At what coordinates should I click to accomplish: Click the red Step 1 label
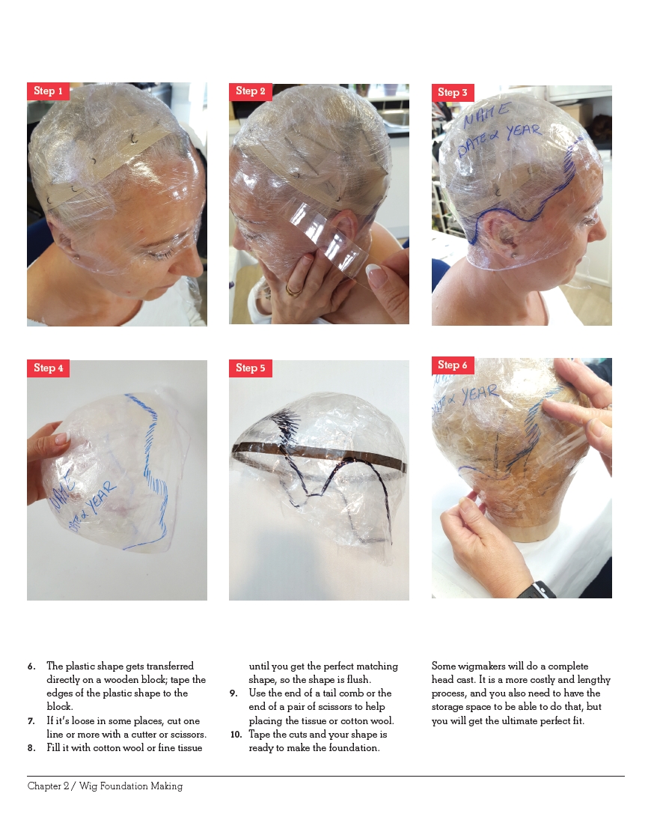click(x=49, y=91)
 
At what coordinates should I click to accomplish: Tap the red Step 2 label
click(x=251, y=91)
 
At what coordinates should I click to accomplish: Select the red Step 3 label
click(x=453, y=93)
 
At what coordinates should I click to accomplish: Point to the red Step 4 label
click(x=49, y=368)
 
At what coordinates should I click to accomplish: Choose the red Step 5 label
click(x=251, y=368)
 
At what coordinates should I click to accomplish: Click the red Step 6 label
click(x=453, y=365)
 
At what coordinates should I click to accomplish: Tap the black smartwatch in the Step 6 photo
click(x=537, y=590)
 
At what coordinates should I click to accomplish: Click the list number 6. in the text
click(x=31, y=666)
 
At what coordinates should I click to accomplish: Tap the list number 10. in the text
click(x=235, y=735)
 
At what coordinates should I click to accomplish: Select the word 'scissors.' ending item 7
click(x=187, y=735)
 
